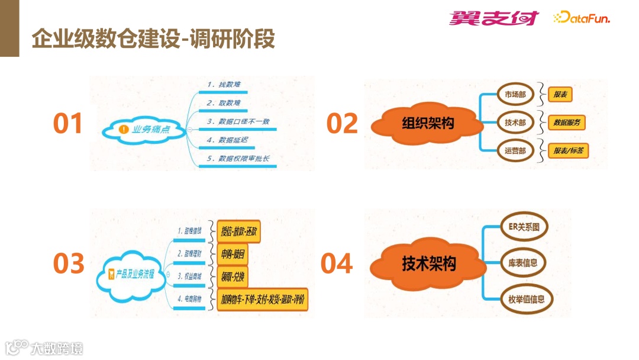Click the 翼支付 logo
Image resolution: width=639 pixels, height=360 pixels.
pyautogui.click(x=493, y=18)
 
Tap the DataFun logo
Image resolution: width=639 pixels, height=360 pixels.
pyautogui.click(x=581, y=18)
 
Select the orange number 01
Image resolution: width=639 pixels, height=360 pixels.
pyautogui.click(x=68, y=123)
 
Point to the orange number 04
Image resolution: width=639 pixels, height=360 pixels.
pyautogui.click(x=336, y=263)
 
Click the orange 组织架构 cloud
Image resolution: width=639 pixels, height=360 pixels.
pyautogui.click(x=424, y=123)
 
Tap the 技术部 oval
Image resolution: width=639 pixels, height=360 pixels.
pyautogui.click(x=515, y=123)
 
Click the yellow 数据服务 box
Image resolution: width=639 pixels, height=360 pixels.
pyautogui.click(x=566, y=123)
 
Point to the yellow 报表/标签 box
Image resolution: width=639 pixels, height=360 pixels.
pyautogui.click(x=568, y=151)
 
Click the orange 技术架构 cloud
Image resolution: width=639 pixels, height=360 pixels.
pyautogui.click(x=429, y=263)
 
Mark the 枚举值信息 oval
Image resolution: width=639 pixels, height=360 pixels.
pyautogui.click(x=522, y=299)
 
